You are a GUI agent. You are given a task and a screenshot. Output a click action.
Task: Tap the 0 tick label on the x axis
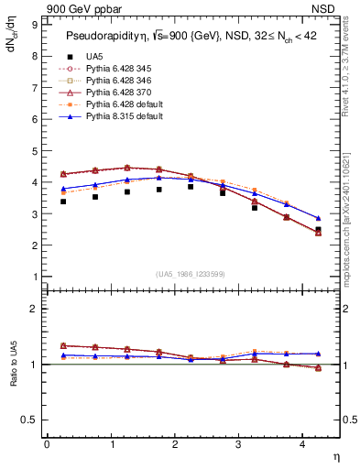click(x=47, y=444)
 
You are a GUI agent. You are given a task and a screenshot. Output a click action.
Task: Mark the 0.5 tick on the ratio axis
click(x=32, y=420)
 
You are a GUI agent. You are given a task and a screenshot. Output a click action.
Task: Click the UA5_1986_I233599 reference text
click(x=192, y=275)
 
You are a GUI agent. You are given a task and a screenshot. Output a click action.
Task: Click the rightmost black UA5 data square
click(x=318, y=230)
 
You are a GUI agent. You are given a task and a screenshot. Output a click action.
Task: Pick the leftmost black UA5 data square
click(x=63, y=201)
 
